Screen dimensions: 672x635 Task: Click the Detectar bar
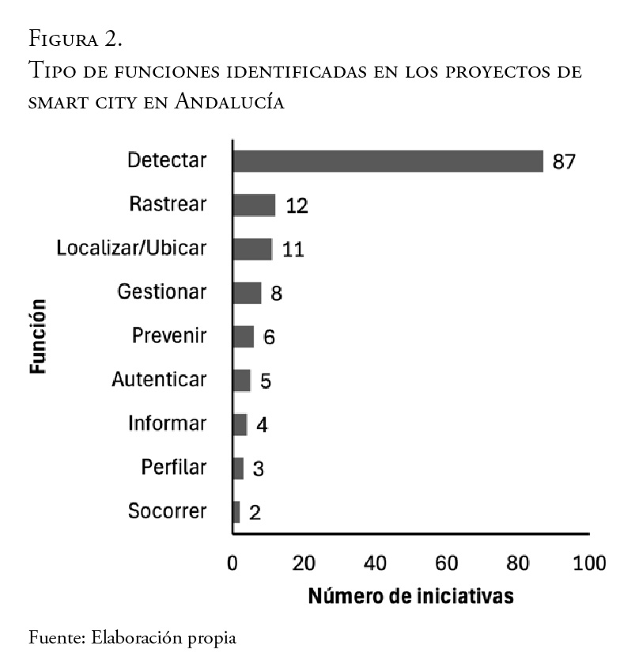coord(387,161)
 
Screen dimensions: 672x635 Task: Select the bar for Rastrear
coord(254,205)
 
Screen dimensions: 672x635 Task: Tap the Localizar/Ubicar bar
coord(252,249)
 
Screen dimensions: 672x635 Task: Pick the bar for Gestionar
coord(247,292)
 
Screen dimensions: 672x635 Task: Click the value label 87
coord(564,161)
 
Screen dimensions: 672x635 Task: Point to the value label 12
coord(297,206)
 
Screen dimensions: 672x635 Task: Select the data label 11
coord(293,249)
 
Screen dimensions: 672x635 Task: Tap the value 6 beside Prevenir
coord(269,337)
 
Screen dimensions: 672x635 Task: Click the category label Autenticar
coord(159,379)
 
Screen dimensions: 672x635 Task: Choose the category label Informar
coord(167,423)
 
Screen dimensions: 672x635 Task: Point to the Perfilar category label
coord(174,467)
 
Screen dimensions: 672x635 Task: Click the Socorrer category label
coord(167,511)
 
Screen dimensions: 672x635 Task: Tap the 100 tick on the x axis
coord(589,564)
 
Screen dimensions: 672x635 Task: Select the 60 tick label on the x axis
coord(447,564)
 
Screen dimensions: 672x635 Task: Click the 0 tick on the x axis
coord(232,564)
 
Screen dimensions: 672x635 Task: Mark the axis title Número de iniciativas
coord(410,595)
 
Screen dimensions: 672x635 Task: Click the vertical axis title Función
coord(37,335)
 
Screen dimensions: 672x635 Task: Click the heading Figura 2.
coord(74,37)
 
